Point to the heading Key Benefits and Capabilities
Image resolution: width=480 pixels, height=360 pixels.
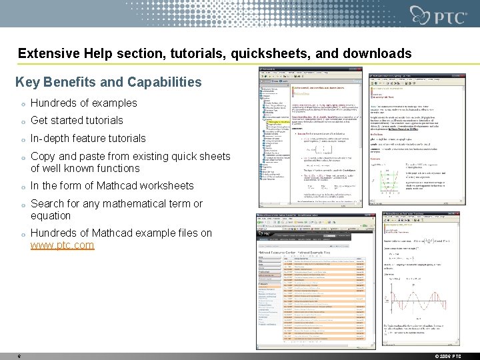108,83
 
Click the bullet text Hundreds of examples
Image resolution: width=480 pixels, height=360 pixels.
83,103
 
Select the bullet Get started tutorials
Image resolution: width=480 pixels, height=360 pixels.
77,121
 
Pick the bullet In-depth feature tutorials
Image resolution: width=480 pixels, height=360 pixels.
88,139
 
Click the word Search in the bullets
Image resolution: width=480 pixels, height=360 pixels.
47,203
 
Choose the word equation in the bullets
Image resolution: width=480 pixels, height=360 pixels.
51,215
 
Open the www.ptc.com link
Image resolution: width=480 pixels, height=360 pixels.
62,245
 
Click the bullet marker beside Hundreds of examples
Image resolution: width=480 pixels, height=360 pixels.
23,104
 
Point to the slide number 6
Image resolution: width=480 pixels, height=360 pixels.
19,356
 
